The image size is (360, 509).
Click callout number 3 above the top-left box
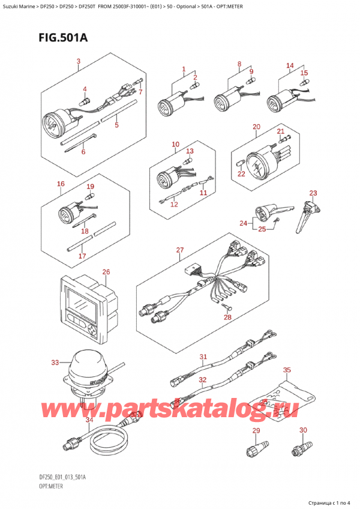(78, 62)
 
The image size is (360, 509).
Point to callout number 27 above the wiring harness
(179, 250)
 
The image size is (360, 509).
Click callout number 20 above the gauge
(256, 127)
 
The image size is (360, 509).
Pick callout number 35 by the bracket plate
(287, 370)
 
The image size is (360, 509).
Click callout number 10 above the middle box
(175, 144)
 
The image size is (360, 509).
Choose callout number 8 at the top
(239, 64)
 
